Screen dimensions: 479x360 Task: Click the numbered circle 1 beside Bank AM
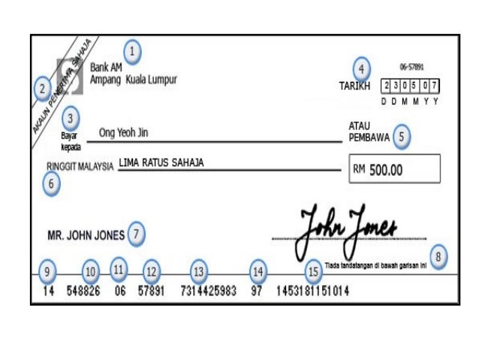click(132, 52)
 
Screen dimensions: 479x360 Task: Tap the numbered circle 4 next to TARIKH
click(361, 69)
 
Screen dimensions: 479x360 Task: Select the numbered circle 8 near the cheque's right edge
click(438, 258)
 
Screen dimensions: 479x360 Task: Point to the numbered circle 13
click(198, 271)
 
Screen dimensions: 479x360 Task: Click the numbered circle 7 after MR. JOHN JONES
click(135, 234)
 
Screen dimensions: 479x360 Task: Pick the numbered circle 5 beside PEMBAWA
click(402, 137)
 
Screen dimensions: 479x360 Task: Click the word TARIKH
click(354, 86)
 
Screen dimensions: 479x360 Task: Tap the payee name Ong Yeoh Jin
click(124, 133)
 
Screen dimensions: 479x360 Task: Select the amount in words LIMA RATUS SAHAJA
click(161, 162)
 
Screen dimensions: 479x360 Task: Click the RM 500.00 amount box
click(394, 169)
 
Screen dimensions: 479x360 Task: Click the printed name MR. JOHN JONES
click(86, 235)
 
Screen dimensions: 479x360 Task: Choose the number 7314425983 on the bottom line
click(206, 292)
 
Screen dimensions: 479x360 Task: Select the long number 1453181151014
click(312, 292)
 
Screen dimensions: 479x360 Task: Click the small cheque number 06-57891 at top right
click(411, 66)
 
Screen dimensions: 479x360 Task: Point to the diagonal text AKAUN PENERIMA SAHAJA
click(62, 86)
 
